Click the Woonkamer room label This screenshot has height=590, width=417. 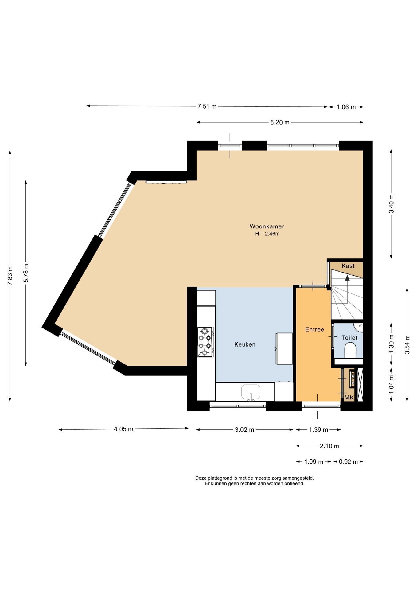tap(267, 226)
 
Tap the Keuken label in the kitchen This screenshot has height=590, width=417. tap(245, 344)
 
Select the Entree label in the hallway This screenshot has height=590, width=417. tap(314, 329)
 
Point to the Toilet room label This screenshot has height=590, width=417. tap(350, 338)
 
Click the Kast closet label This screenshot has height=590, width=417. tap(348, 266)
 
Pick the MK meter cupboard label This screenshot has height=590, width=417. tap(349, 398)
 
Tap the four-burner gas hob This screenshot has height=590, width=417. tap(205, 342)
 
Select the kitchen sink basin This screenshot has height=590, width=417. tap(251, 391)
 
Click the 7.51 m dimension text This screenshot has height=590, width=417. tap(207, 107)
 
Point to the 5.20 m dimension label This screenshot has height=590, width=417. tap(280, 122)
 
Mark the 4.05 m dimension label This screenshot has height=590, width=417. tap(123, 429)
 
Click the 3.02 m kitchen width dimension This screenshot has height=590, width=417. tap(244, 430)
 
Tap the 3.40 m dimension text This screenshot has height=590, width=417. tap(391, 204)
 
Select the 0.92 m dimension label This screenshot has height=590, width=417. tap(348, 462)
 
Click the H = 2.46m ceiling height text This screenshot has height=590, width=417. tap(267, 234)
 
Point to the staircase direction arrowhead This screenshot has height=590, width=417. tap(347, 277)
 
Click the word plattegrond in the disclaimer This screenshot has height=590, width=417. tap(220, 478)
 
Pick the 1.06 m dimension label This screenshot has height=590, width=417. tap(346, 107)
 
